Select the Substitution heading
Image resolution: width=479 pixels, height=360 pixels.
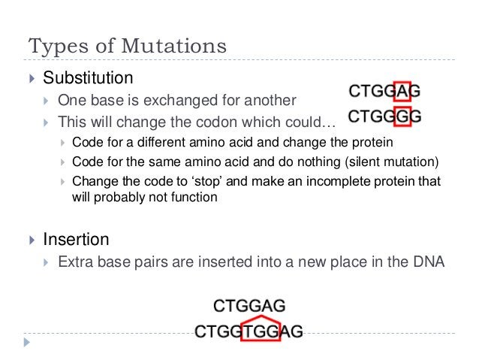(x=88, y=78)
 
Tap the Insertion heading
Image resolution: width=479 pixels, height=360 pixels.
(x=76, y=241)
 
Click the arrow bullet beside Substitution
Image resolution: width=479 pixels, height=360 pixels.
(x=31, y=78)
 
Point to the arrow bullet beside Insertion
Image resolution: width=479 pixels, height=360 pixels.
(x=31, y=241)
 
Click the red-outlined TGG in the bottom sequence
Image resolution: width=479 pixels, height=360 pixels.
(x=259, y=331)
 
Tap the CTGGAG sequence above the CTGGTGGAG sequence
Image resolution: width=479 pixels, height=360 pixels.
(x=249, y=306)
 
